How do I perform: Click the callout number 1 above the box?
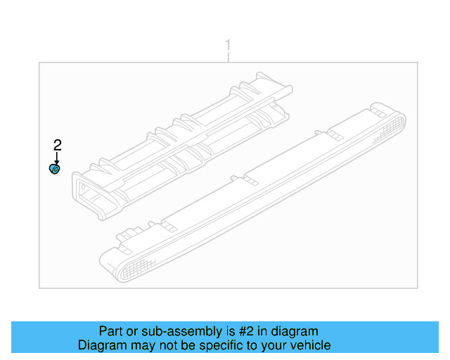coord(228,46)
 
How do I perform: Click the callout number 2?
coord(58,145)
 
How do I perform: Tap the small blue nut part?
coord(55,169)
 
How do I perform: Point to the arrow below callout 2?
coord(57,158)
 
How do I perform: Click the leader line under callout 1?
coord(228,57)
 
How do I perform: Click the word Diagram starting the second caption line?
coord(98,345)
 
